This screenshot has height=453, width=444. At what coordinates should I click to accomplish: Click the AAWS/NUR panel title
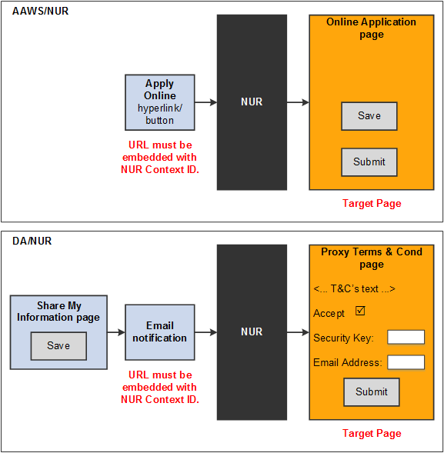tap(40, 12)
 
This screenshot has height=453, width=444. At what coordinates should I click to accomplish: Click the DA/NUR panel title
tap(32, 241)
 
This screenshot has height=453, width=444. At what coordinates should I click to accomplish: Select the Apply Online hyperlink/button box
tap(160, 102)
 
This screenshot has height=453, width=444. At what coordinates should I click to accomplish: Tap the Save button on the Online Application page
tap(369, 116)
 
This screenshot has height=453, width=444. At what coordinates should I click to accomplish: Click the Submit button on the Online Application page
tap(369, 162)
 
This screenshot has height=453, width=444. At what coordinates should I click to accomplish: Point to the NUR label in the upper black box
tap(252, 102)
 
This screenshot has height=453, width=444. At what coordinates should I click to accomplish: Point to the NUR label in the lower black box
tap(252, 332)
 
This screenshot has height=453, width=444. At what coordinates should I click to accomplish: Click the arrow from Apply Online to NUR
tap(205, 102)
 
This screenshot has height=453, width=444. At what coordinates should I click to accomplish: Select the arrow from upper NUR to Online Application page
tap(298, 102)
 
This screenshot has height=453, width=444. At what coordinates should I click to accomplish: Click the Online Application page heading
tap(372, 28)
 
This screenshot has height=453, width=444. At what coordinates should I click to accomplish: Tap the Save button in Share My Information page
tap(58, 346)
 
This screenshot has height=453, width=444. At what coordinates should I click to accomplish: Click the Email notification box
tap(159, 332)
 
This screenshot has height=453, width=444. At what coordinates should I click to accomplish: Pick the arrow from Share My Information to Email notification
tap(116, 332)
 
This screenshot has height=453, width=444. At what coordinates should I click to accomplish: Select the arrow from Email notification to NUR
tap(205, 332)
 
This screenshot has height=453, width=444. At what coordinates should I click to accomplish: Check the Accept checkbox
tap(359, 311)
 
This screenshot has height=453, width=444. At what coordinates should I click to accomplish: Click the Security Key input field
tap(406, 338)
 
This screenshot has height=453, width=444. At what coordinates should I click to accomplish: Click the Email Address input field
tap(406, 362)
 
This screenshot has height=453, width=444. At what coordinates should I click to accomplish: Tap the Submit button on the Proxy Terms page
tap(372, 392)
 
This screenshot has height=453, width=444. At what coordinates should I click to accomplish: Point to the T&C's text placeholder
tap(355, 289)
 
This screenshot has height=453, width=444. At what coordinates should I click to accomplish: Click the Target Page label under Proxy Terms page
tap(372, 434)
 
